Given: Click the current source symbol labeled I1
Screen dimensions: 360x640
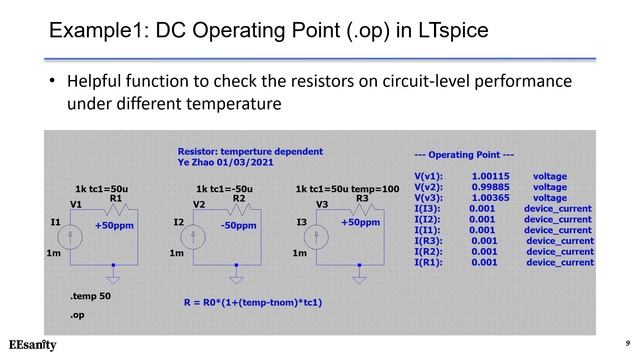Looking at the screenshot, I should click(73, 237).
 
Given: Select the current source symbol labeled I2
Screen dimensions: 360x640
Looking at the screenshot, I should click(196, 237).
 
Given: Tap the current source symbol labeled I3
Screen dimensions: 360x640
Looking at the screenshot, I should click(317, 237).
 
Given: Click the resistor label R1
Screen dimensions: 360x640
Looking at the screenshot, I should click(115, 198).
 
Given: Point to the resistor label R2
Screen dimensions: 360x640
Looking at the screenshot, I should click(238, 198).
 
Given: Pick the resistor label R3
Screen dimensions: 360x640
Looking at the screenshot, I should click(362, 198).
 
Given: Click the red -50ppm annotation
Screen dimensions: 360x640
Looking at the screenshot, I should click(238, 226).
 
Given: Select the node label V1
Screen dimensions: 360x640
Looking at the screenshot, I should click(76, 205).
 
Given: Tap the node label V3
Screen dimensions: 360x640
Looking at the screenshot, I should click(322, 205).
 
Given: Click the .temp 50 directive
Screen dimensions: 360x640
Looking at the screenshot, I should click(90, 297).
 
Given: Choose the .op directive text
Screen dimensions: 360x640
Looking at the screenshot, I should click(77, 315).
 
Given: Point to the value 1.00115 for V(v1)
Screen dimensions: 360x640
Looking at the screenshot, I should click(490, 175).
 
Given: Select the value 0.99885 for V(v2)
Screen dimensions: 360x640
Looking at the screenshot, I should click(490, 186).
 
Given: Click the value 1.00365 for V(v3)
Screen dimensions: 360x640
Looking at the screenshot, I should click(490, 197).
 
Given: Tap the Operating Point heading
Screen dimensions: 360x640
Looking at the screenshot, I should click(464, 155).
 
